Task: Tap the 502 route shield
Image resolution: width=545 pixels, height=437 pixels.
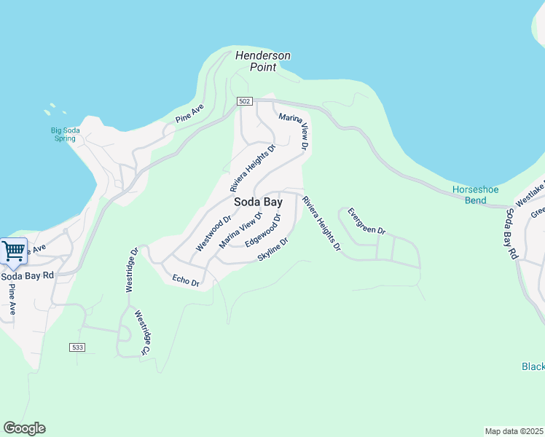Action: (244, 101)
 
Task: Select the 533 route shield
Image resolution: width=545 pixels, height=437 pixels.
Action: (78, 347)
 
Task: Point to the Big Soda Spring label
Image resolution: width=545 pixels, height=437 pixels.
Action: (66, 134)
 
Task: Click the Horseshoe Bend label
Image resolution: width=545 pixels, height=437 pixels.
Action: (475, 194)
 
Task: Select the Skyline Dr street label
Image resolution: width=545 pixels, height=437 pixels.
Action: (273, 249)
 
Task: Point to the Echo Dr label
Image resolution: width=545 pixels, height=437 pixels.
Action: (186, 280)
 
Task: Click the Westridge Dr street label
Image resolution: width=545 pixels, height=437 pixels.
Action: (131, 270)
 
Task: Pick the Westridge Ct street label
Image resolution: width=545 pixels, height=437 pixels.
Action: (141, 333)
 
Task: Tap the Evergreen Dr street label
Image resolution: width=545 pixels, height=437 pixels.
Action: (366, 221)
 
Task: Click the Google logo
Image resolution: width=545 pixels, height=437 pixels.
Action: (24, 428)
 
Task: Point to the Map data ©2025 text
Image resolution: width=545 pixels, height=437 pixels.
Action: (514, 431)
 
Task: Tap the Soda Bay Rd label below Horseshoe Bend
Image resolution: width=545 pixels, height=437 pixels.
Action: (511, 235)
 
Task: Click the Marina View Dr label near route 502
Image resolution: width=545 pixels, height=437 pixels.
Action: (294, 130)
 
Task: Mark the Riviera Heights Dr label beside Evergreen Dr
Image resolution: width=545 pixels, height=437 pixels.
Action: (321, 224)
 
